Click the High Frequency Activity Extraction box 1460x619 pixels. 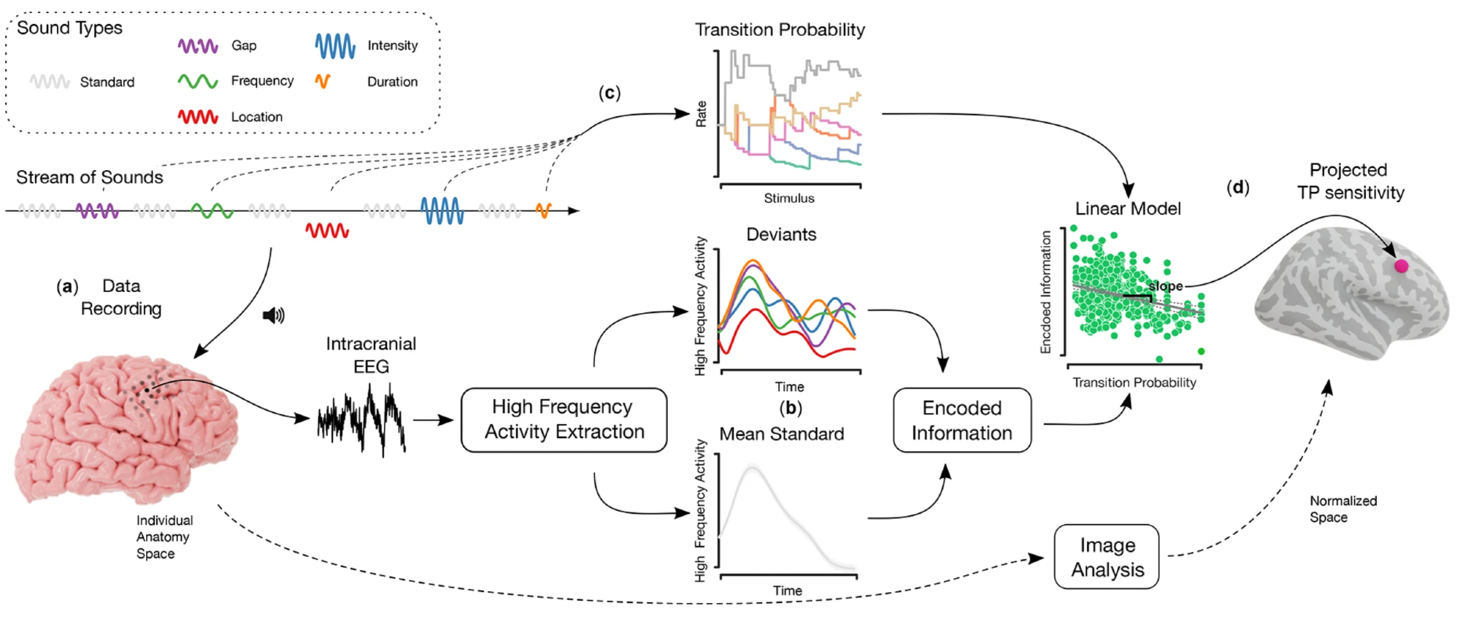click(x=564, y=420)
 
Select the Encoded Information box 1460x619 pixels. click(x=961, y=420)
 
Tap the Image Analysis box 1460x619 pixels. click(x=1107, y=557)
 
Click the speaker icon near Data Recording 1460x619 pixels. click(x=273, y=315)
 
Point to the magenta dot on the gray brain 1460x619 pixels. click(x=1401, y=266)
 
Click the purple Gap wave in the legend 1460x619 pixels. click(x=198, y=46)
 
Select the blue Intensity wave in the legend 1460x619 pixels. click(x=335, y=46)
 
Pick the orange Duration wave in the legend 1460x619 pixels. click(x=323, y=81)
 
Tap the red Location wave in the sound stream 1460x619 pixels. click(x=327, y=231)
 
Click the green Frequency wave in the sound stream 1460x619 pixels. click(x=212, y=211)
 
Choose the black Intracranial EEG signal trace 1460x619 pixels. click(x=361, y=420)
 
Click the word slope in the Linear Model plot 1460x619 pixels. click(x=1165, y=286)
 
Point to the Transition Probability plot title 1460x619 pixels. click(x=780, y=30)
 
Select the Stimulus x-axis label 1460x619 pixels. click(x=789, y=198)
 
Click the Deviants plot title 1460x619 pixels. click(x=781, y=234)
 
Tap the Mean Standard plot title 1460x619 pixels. click(x=781, y=434)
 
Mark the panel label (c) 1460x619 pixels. click(x=610, y=93)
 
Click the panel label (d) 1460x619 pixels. click(x=1237, y=188)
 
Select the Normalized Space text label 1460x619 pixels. click(x=1342, y=509)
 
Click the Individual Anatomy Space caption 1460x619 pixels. click(x=164, y=537)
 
